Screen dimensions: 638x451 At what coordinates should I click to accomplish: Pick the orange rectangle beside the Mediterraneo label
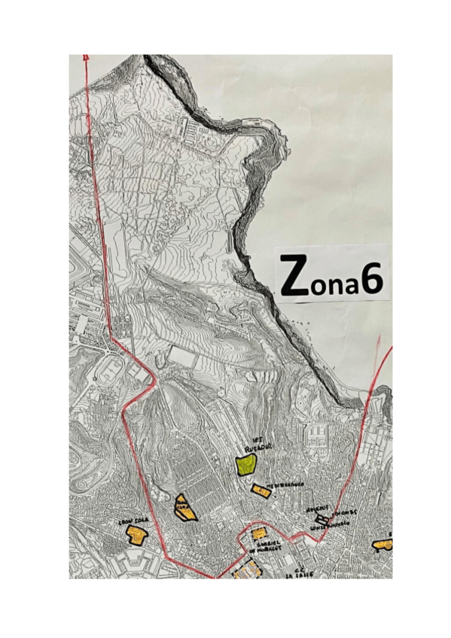[x=261, y=491]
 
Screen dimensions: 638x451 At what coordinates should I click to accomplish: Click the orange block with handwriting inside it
[x=184, y=508]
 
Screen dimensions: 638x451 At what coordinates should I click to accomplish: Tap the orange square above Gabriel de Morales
[x=258, y=533]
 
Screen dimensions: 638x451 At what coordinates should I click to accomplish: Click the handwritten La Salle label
[x=298, y=571]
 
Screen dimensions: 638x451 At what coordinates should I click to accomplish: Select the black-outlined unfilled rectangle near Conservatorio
[x=321, y=518]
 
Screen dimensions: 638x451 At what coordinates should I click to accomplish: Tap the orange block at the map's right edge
[x=383, y=543]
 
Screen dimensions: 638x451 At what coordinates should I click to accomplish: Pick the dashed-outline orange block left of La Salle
[x=247, y=572]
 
